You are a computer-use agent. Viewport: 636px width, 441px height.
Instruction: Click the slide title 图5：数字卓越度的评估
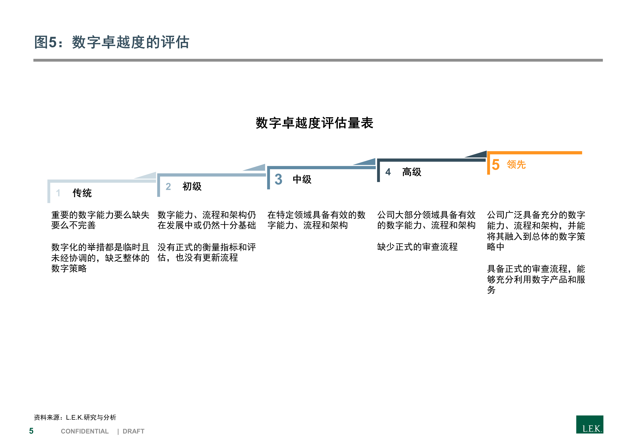click(112, 42)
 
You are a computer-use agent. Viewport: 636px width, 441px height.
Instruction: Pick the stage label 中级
click(302, 179)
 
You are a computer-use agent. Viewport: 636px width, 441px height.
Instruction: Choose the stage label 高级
click(412, 172)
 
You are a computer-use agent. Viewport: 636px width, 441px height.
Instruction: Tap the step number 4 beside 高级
click(388, 172)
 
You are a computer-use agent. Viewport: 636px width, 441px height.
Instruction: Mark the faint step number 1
click(58, 193)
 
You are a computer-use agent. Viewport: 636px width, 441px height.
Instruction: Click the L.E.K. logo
click(590, 424)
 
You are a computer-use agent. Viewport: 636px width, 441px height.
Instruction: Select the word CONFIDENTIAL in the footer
click(85, 431)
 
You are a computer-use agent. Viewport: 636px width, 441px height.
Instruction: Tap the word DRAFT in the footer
click(134, 431)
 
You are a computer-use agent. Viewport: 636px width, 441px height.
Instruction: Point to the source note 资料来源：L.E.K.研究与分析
click(75, 417)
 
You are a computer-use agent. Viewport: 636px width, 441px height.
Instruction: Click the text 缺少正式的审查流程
click(417, 247)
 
